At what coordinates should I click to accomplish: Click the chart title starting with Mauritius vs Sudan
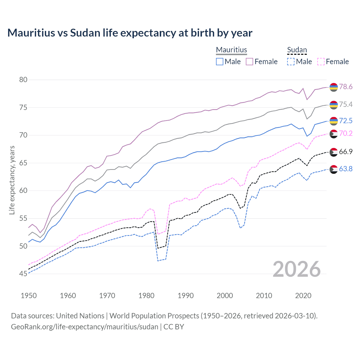pyautogui.click(x=130, y=33)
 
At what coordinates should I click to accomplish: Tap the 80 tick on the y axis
pyautogui.click(x=23, y=80)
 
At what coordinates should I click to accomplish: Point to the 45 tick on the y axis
pyautogui.click(x=23, y=274)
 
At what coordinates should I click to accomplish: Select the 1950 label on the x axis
pyautogui.click(x=29, y=296)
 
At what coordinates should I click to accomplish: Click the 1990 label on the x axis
pyautogui.click(x=186, y=296)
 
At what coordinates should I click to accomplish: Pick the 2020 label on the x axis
pyautogui.click(x=303, y=296)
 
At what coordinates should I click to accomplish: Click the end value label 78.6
pyautogui.click(x=346, y=87)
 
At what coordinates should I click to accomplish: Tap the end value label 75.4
pyautogui.click(x=346, y=104)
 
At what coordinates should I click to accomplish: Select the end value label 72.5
pyautogui.click(x=346, y=121)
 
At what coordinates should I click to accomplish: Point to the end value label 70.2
pyautogui.click(x=346, y=133)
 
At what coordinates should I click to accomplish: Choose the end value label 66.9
pyautogui.click(x=346, y=152)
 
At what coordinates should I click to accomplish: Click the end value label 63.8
pyautogui.click(x=346, y=169)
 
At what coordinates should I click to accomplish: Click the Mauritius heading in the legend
pyautogui.click(x=231, y=50)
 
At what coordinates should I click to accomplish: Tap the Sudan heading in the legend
pyautogui.click(x=297, y=50)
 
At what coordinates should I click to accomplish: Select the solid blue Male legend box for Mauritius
pyautogui.click(x=220, y=62)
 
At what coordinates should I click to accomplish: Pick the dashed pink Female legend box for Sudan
pyautogui.click(x=321, y=62)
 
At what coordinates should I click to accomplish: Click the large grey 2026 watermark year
pyautogui.click(x=296, y=269)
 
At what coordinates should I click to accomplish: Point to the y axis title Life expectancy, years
pyautogui.click(x=12, y=180)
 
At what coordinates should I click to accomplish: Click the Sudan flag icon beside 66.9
pyautogui.click(x=334, y=152)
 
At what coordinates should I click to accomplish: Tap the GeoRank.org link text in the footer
pyautogui.click(x=84, y=327)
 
